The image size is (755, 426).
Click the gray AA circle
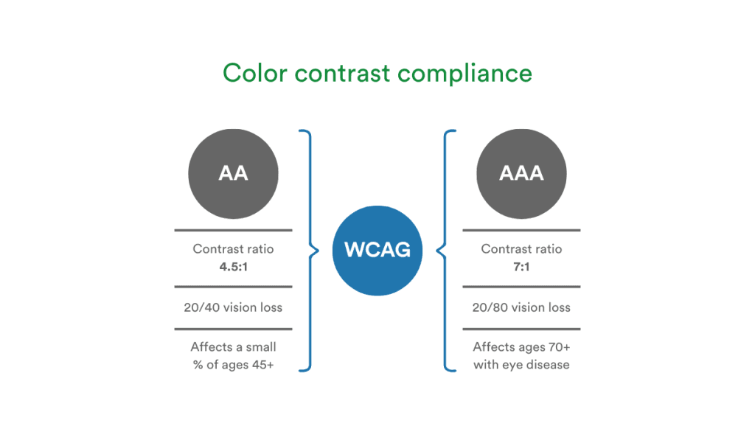click(x=233, y=173)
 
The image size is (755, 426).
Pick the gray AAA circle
click(x=521, y=173)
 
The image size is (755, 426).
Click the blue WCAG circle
click(x=377, y=250)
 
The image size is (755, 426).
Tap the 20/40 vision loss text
click(x=233, y=307)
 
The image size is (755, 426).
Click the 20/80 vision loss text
click(x=521, y=307)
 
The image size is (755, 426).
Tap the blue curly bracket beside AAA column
click(x=445, y=251)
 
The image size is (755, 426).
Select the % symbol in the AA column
click(x=198, y=364)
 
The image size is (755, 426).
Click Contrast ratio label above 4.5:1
click(x=233, y=249)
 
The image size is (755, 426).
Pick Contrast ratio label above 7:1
click(x=521, y=249)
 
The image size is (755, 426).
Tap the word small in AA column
click(x=260, y=346)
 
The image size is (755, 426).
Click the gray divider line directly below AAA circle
click(x=521, y=230)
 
